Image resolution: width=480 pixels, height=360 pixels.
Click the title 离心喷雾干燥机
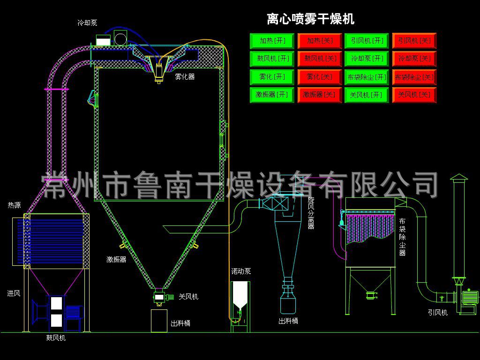(x=310, y=19)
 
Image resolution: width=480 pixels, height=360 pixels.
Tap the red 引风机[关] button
(x=414, y=41)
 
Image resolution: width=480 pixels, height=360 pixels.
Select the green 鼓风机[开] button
(x=272, y=59)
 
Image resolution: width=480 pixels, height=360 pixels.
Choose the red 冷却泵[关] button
(x=414, y=59)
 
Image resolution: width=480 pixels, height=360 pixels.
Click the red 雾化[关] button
(x=319, y=76)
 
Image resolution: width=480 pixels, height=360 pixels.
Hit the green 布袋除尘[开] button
(x=367, y=77)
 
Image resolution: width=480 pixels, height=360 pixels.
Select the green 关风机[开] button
(x=367, y=95)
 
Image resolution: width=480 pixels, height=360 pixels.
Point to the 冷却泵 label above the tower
(x=87, y=22)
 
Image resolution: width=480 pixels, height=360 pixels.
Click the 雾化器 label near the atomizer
(x=185, y=76)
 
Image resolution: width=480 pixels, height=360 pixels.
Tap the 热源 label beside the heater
(x=14, y=205)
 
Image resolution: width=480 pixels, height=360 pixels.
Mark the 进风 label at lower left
(x=14, y=293)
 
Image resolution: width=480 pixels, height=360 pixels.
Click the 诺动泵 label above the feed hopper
(x=241, y=271)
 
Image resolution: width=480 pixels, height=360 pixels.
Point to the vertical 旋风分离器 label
(x=311, y=213)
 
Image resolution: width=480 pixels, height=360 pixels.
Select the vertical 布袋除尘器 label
(x=402, y=237)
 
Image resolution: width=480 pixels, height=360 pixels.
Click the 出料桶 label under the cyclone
(x=288, y=321)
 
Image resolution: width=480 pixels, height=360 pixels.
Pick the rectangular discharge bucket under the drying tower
(x=159, y=321)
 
